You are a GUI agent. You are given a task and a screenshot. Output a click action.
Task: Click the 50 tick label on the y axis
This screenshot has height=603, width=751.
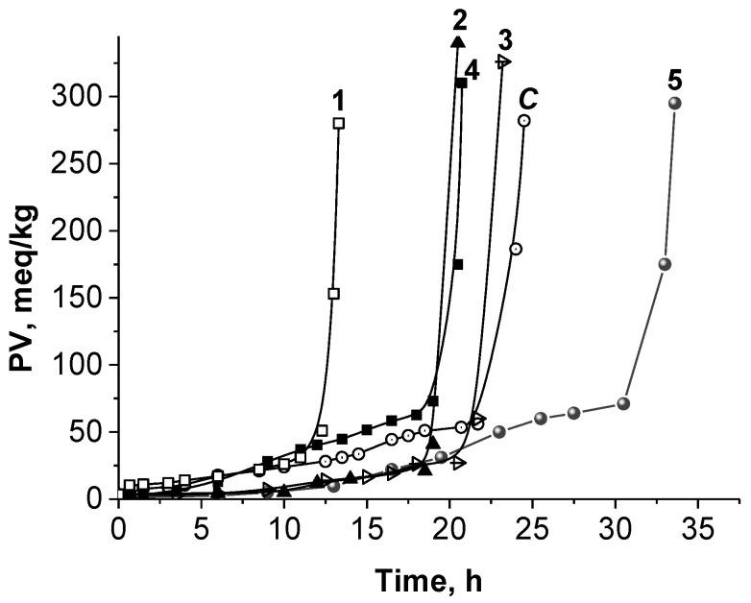pos(87,431)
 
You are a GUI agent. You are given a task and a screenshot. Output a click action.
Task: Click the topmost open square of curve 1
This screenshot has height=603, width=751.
pos(339,123)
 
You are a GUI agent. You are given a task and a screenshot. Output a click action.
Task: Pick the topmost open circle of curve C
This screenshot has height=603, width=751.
pos(523,120)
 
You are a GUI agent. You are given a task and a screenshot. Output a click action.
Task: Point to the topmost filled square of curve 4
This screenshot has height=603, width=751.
pos(462,84)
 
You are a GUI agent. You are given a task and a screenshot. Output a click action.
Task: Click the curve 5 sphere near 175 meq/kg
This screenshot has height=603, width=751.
pos(665,264)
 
